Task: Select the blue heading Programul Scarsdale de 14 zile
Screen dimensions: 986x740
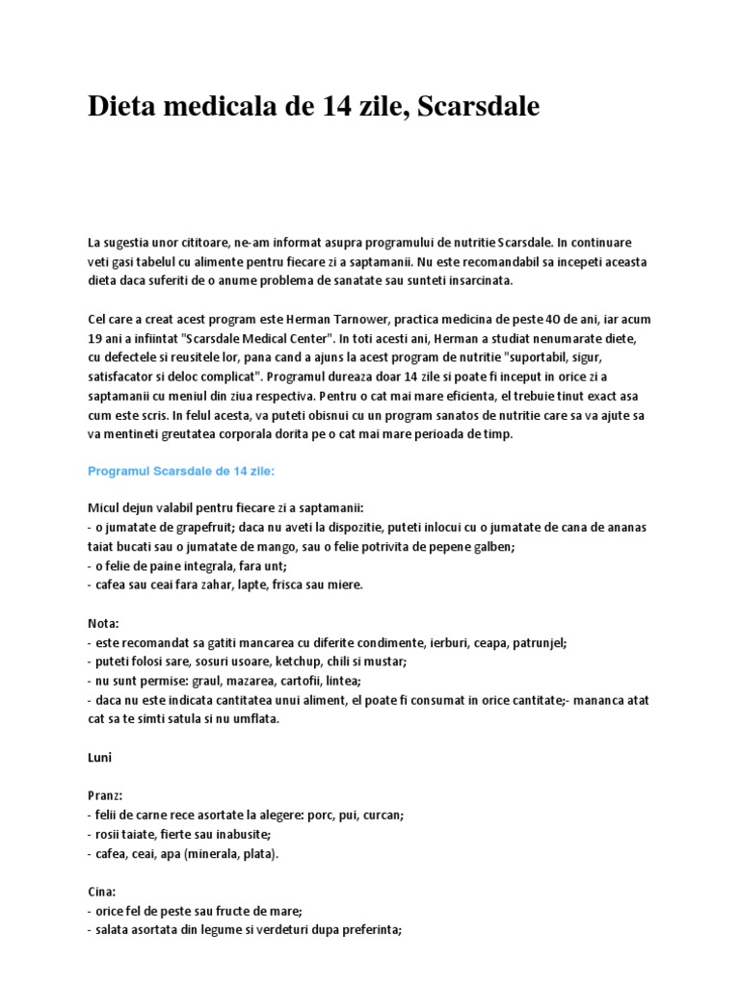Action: click(181, 471)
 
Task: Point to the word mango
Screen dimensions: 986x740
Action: click(294, 547)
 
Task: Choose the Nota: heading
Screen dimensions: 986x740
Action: click(103, 623)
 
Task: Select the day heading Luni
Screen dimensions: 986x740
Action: click(100, 758)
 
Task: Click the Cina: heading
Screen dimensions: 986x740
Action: click(102, 891)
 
